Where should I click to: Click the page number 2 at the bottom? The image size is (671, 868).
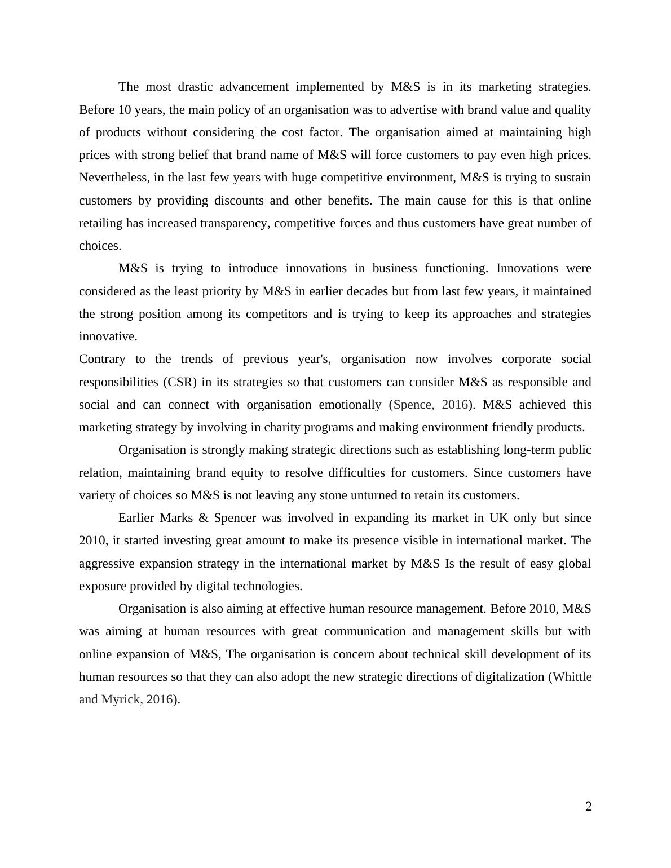pyautogui.click(x=588, y=807)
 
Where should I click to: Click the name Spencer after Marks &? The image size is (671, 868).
pyautogui.click(x=235, y=518)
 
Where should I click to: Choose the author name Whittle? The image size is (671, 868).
pyautogui.click(x=572, y=677)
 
